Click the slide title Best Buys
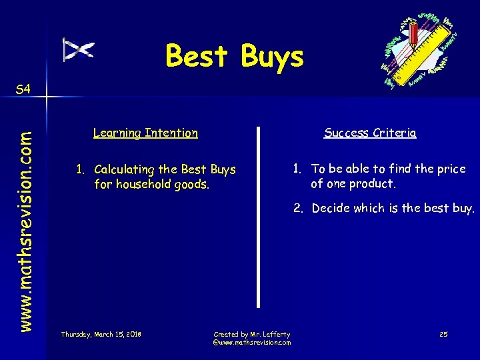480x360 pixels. coord(234,57)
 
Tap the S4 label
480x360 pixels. coord(23,89)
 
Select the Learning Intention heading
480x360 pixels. coord(145,133)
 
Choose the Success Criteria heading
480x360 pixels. coord(370,133)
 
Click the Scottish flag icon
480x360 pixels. coord(79,49)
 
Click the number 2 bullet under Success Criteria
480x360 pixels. coord(298,208)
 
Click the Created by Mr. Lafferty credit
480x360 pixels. coord(251,333)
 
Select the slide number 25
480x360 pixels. coord(443,333)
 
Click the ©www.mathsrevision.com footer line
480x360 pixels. coord(251,342)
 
